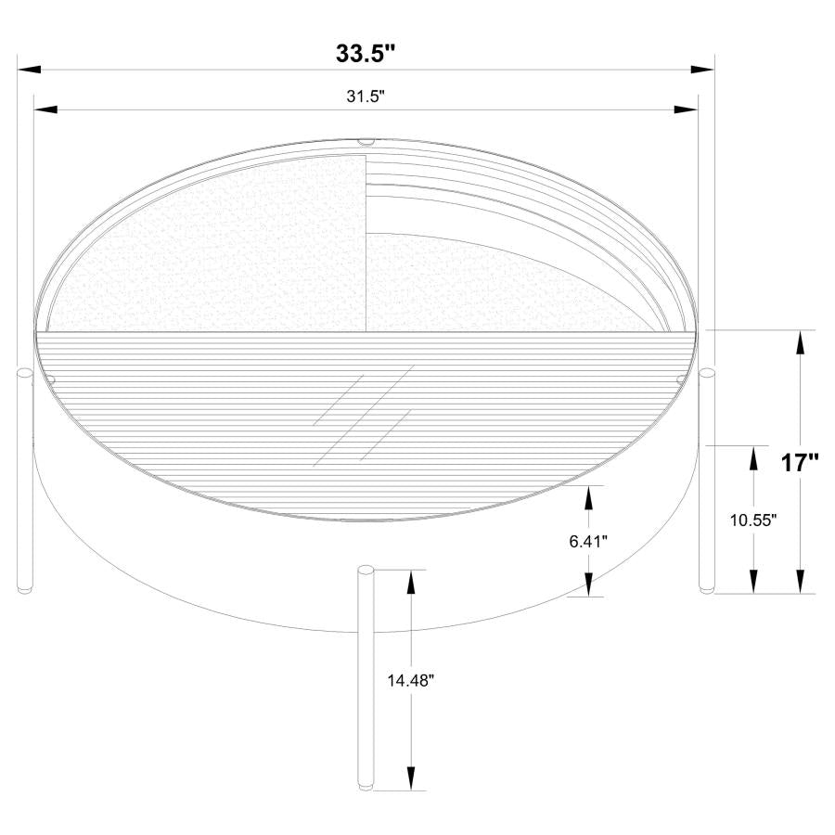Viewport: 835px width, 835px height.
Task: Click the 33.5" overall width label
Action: coord(366,54)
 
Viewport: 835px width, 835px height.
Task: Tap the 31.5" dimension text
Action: coord(366,96)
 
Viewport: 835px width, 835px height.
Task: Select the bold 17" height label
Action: coord(799,462)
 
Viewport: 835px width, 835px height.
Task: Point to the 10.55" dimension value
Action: coord(752,520)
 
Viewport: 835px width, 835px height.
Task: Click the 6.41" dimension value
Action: coord(588,541)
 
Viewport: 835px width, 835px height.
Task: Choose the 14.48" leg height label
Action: coord(411,679)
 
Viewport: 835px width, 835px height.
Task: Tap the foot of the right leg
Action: coord(707,588)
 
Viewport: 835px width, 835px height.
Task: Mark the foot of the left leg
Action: coord(24,588)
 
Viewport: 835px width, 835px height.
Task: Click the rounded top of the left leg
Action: coord(24,373)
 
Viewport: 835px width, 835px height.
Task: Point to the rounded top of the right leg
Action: coord(708,373)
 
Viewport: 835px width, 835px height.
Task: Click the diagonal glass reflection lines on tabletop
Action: coord(363,414)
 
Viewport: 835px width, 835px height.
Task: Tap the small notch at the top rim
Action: coord(366,143)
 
